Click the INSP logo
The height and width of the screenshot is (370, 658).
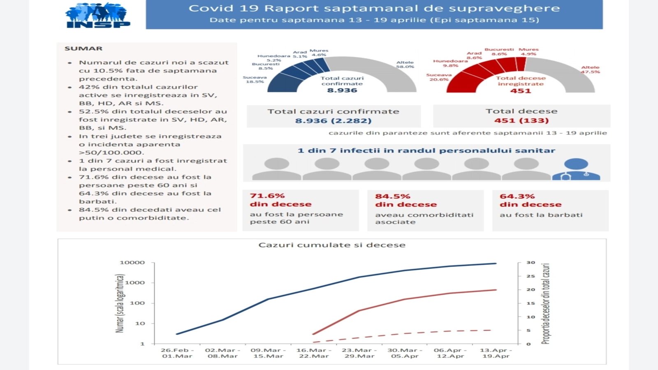(x=97, y=16)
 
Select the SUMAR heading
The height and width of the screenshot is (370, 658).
(x=83, y=49)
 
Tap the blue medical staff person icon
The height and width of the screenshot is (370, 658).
(x=576, y=169)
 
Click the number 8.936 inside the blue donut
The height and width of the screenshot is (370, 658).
(x=342, y=90)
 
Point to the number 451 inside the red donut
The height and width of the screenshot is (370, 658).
(x=521, y=91)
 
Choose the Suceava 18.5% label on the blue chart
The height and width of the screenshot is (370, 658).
(x=255, y=79)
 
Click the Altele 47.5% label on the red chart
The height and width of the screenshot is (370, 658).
(x=590, y=69)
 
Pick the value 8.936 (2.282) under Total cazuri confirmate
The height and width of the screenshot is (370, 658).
(x=333, y=121)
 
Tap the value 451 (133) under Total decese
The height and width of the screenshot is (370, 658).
(x=521, y=120)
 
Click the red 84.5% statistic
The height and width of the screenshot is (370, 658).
(x=392, y=197)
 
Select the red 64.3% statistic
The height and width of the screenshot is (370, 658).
(x=517, y=197)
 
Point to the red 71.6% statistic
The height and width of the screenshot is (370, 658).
(x=267, y=196)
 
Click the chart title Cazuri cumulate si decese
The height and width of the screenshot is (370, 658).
(x=331, y=245)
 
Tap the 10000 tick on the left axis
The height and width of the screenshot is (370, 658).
(x=132, y=263)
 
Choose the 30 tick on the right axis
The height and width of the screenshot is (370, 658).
(x=531, y=263)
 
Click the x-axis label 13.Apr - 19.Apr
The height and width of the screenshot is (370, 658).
(x=496, y=353)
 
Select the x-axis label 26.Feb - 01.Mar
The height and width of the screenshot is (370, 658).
(x=177, y=353)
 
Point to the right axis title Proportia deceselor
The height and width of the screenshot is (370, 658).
(x=545, y=303)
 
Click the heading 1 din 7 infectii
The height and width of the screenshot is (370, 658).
(x=426, y=151)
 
